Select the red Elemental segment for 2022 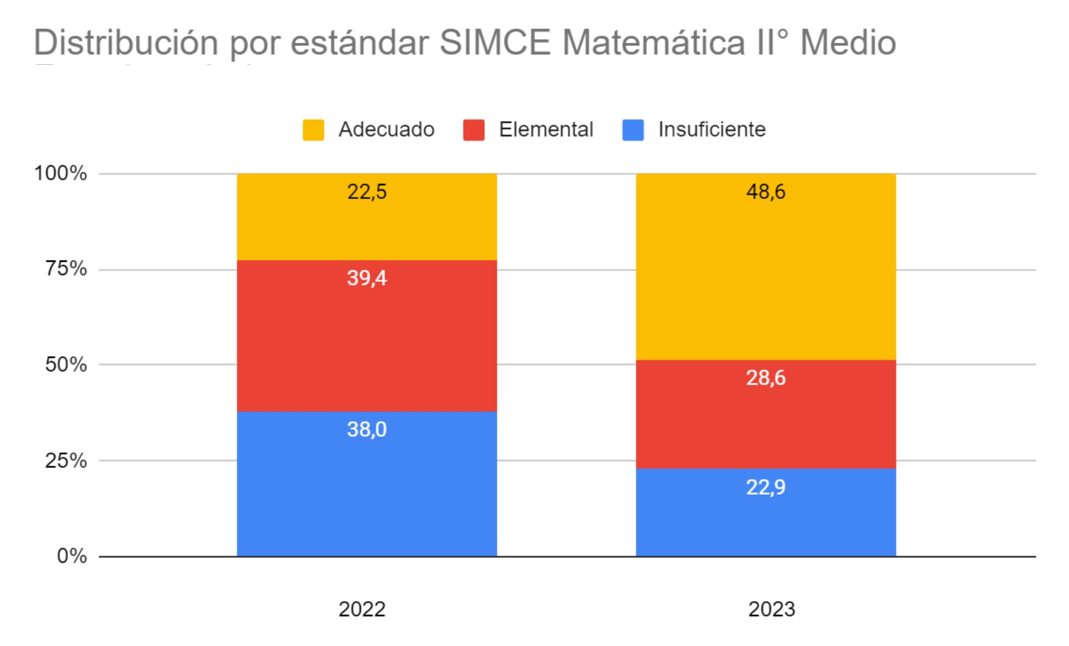(x=366, y=342)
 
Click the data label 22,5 (x=366, y=191)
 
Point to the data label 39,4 (x=366, y=278)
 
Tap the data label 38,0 (x=366, y=429)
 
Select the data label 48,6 (x=766, y=191)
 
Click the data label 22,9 (x=766, y=487)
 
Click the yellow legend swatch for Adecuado (x=313, y=130)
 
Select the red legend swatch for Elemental (x=474, y=130)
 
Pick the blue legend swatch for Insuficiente (x=633, y=130)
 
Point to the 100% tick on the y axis (x=60, y=173)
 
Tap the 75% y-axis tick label (x=65, y=268)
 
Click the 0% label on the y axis (x=72, y=556)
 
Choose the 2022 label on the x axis (x=362, y=609)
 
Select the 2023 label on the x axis (x=772, y=609)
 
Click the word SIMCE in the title (x=495, y=42)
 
